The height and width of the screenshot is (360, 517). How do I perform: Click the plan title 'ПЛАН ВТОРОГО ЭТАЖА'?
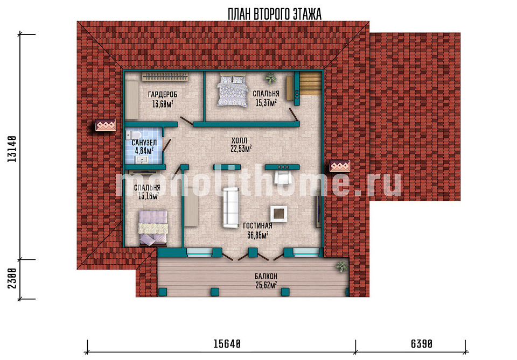(x=274, y=14)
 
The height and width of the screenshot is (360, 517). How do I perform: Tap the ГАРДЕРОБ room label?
(x=163, y=95)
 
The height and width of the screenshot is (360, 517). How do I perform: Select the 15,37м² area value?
(x=266, y=103)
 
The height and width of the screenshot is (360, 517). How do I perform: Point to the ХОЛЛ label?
(x=239, y=140)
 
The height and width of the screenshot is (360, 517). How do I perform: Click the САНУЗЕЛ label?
(x=144, y=143)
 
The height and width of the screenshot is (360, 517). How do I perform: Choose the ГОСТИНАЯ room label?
(x=257, y=225)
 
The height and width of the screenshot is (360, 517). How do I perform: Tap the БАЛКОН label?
(x=266, y=276)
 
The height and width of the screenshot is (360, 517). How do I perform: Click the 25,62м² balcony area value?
(x=266, y=285)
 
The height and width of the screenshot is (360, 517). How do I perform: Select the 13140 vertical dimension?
(x=12, y=149)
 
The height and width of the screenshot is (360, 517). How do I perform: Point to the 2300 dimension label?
(x=12, y=278)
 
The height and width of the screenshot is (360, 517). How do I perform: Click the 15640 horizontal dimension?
(x=227, y=344)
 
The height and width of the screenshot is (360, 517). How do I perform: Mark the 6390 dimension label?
(x=421, y=344)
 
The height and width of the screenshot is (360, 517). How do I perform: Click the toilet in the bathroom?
(x=133, y=135)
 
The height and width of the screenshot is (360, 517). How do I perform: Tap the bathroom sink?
(x=142, y=160)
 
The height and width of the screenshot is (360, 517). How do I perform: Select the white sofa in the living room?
(x=231, y=208)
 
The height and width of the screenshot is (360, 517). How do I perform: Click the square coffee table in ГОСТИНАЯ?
(x=279, y=214)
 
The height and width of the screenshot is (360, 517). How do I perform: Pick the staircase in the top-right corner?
(x=310, y=84)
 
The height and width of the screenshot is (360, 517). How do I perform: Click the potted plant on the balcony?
(x=342, y=266)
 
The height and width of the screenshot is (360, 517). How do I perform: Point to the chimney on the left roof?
(x=106, y=125)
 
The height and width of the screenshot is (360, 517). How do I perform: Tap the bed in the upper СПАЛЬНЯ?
(x=232, y=90)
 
